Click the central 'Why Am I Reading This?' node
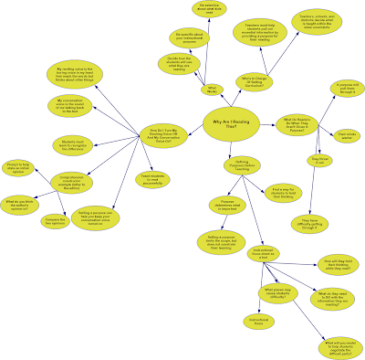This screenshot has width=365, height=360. coord(225,122)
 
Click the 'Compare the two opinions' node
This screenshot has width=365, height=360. coord(57,222)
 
